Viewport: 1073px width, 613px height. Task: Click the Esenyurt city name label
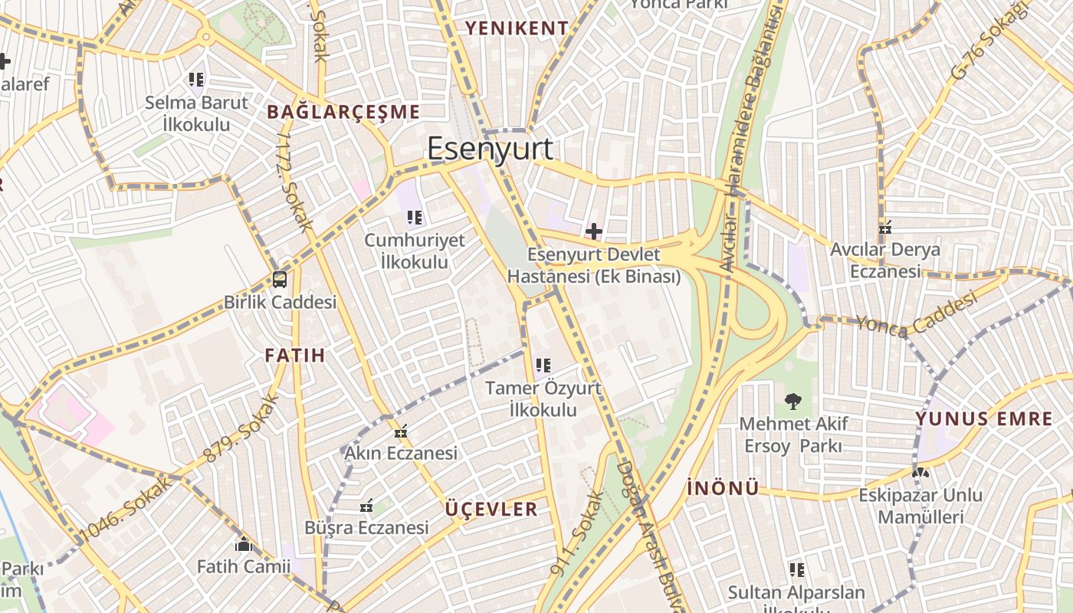coord(490,148)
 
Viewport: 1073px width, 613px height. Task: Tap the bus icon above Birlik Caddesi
coord(280,279)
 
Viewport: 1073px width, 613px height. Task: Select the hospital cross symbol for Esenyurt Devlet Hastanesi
coord(593,231)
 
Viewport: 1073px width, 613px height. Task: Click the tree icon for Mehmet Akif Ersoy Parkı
coord(792,401)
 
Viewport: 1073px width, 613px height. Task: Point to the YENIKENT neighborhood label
coord(518,28)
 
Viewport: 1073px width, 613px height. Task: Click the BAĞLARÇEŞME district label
coord(343,112)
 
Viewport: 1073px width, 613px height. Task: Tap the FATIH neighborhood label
coord(295,355)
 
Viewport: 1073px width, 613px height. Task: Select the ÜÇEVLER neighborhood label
coord(491,510)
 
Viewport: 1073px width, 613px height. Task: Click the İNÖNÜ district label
coord(723,488)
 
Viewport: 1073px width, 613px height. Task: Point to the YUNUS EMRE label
coord(984,419)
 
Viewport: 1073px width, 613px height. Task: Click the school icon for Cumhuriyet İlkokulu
coord(414,218)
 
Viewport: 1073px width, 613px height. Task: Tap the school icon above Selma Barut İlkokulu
coord(196,79)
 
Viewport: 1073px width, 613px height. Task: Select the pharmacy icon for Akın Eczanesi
coord(400,432)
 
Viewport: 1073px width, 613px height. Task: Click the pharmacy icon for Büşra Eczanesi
coord(366,506)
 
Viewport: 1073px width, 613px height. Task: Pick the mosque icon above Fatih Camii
coord(244,545)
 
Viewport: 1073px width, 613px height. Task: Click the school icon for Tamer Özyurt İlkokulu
coord(543,366)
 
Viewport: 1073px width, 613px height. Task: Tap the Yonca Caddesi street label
coord(917,314)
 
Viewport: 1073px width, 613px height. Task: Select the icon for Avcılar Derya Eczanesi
coord(886,228)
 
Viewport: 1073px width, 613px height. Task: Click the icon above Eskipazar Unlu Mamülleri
coord(920,473)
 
